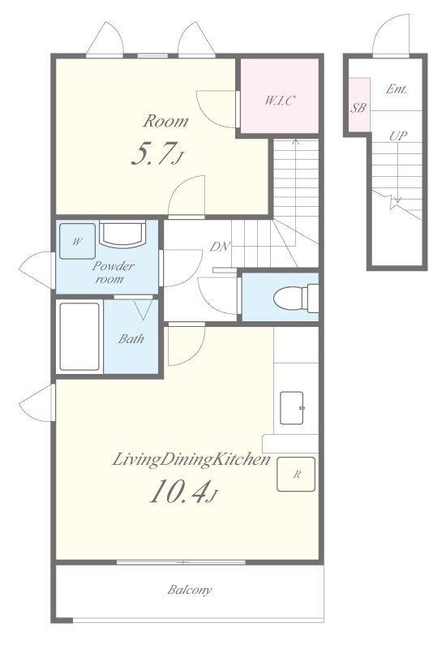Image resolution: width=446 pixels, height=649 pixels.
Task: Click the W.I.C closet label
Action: point(280,100)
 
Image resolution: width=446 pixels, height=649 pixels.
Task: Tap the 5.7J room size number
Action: point(157,153)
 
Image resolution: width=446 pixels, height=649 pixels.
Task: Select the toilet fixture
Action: point(296,298)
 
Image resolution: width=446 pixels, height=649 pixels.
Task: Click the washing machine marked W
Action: point(77,241)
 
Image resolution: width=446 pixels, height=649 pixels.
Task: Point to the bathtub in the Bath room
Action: point(79,337)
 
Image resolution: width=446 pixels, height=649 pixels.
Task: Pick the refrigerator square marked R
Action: point(296,475)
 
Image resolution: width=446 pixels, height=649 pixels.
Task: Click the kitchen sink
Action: point(292,408)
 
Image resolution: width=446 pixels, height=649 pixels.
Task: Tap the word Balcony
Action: point(190,590)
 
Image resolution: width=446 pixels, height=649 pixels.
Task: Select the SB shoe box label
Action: point(358,108)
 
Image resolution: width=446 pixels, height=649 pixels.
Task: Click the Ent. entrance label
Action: point(397,88)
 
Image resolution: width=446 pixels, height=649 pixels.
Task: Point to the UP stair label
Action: point(397,135)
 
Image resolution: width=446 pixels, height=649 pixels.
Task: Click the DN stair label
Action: point(220,247)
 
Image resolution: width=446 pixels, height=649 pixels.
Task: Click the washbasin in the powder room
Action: point(122,234)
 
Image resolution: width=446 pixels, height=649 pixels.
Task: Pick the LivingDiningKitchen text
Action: point(191,459)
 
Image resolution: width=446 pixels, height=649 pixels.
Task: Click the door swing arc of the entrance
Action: point(383,26)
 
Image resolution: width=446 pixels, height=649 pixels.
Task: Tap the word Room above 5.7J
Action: point(165,121)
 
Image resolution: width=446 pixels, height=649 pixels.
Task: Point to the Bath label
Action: point(131,339)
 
